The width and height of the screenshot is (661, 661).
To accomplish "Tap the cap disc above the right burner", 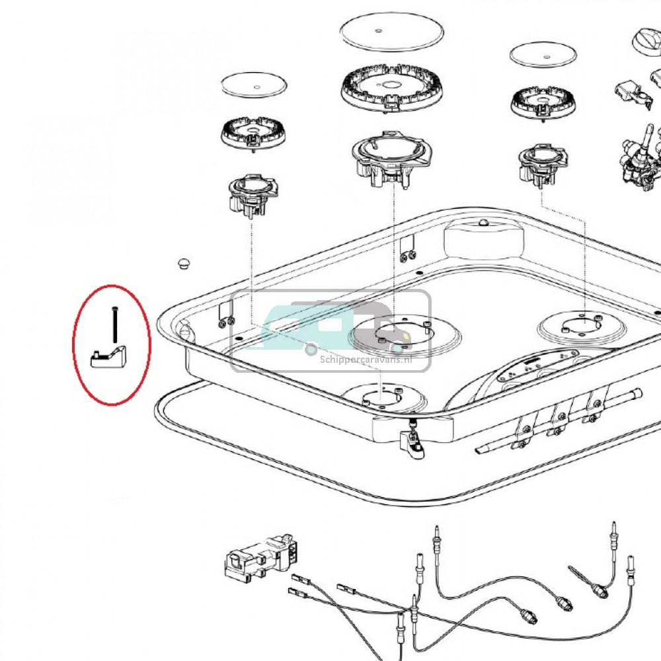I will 543,54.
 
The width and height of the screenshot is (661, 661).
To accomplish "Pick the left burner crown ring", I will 252,134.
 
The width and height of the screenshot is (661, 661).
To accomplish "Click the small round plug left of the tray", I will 183,264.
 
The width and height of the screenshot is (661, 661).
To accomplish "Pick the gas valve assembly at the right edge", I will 640,159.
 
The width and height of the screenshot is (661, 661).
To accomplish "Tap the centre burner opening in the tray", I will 388,334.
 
